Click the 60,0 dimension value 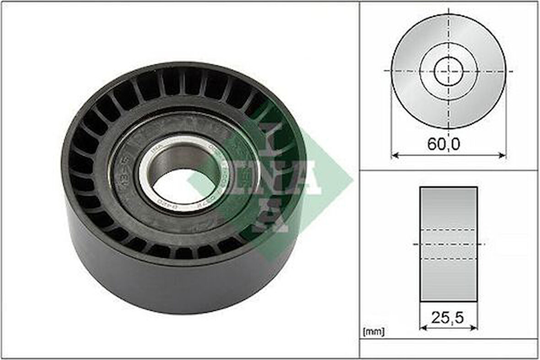click(443, 144)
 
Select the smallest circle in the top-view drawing click(448, 71)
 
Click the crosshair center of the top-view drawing click(448, 71)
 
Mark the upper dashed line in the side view click(448, 229)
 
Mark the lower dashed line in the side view click(448, 259)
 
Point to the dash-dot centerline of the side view click(448, 244)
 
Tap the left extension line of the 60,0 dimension click(392, 119)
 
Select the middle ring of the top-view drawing click(471, 71)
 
